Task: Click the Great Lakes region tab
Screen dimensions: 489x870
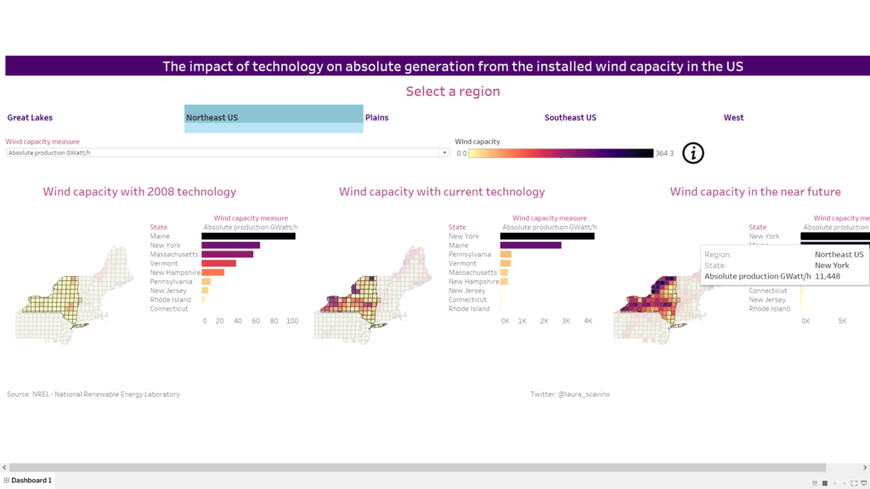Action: coord(30,118)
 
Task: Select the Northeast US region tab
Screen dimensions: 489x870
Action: coord(212,118)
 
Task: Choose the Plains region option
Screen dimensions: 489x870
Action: coord(376,118)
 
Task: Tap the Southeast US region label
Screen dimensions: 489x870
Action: coord(570,118)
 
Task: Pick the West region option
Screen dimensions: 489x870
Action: coord(733,118)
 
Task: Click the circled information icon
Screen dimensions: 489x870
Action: coord(694,153)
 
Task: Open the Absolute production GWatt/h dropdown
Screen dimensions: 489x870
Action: coord(228,153)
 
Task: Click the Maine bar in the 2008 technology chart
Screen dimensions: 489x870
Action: coord(248,236)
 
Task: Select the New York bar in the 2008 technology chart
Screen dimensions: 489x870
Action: coord(230,245)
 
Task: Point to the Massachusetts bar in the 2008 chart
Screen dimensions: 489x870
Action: coord(227,254)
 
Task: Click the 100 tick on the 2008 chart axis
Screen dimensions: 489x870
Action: coord(291,321)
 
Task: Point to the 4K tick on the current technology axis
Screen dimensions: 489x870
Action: coord(587,321)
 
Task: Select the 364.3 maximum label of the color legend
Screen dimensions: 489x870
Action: coord(665,154)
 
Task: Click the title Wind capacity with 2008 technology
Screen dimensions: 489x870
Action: coord(139,192)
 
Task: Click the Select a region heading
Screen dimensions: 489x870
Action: coord(452,91)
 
